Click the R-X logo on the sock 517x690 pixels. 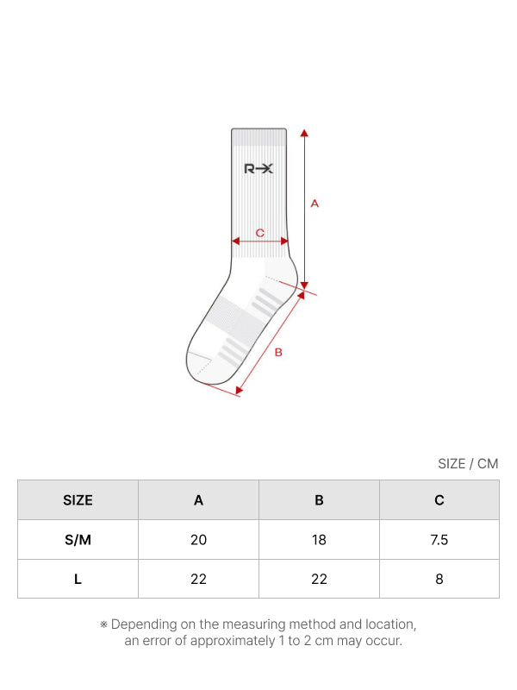point(258,168)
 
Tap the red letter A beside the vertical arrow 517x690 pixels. point(315,204)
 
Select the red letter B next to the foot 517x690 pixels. point(278,353)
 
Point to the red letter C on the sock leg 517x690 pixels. point(260,233)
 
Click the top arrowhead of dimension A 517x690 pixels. point(304,133)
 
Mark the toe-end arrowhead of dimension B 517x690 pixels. point(240,390)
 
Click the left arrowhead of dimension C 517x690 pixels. point(235,241)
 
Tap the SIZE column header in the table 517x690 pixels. point(78,500)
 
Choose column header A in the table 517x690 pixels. point(199,500)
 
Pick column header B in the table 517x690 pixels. point(319,500)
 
